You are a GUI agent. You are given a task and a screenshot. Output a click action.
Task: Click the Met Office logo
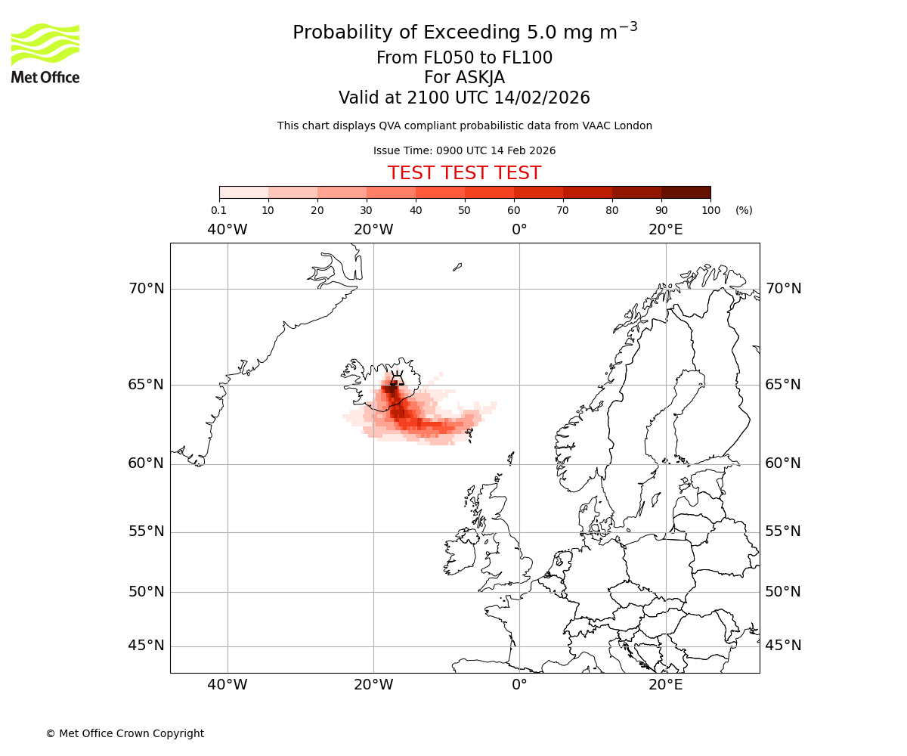pyautogui.click(x=45, y=53)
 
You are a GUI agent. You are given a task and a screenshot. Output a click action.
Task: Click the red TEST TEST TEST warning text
pyautogui.click(x=464, y=173)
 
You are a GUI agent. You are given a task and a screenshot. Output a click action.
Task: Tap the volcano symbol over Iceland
pyautogui.click(x=395, y=379)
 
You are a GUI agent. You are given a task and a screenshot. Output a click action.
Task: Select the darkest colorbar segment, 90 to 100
pyautogui.click(x=686, y=193)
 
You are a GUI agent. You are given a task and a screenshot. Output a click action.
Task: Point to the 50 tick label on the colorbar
pyautogui.click(x=464, y=210)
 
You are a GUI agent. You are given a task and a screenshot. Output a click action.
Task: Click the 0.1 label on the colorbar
pyautogui.click(x=219, y=210)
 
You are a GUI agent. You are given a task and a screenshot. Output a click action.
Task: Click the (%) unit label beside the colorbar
pyautogui.click(x=744, y=210)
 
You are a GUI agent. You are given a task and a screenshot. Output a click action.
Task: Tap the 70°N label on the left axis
pyautogui.click(x=146, y=289)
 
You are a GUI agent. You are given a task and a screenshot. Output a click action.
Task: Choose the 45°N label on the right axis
pyautogui.click(x=783, y=646)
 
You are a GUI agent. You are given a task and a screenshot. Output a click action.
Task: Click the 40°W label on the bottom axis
pyautogui.click(x=228, y=685)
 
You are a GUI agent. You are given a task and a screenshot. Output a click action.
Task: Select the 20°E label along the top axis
pyautogui.click(x=665, y=230)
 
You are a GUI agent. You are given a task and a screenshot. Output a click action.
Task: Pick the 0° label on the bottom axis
pyautogui.click(x=519, y=685)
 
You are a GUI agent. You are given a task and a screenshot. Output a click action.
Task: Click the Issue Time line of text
pyautogui.click(x=464, y=150)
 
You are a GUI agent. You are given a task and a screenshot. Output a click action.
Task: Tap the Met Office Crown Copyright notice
pyautogui.click(x=125, y=733)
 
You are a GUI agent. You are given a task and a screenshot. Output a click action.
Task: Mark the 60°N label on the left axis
pyautogui.click(x=146, y=463)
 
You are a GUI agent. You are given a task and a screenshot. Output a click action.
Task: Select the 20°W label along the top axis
pyautogui.click(x=373, y=230)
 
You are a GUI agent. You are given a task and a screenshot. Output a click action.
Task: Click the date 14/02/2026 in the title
pyautogui.click(x=542, y=98)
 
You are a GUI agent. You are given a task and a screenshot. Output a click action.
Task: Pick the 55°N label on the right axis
pyautogui.click(x=783, y=531)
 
